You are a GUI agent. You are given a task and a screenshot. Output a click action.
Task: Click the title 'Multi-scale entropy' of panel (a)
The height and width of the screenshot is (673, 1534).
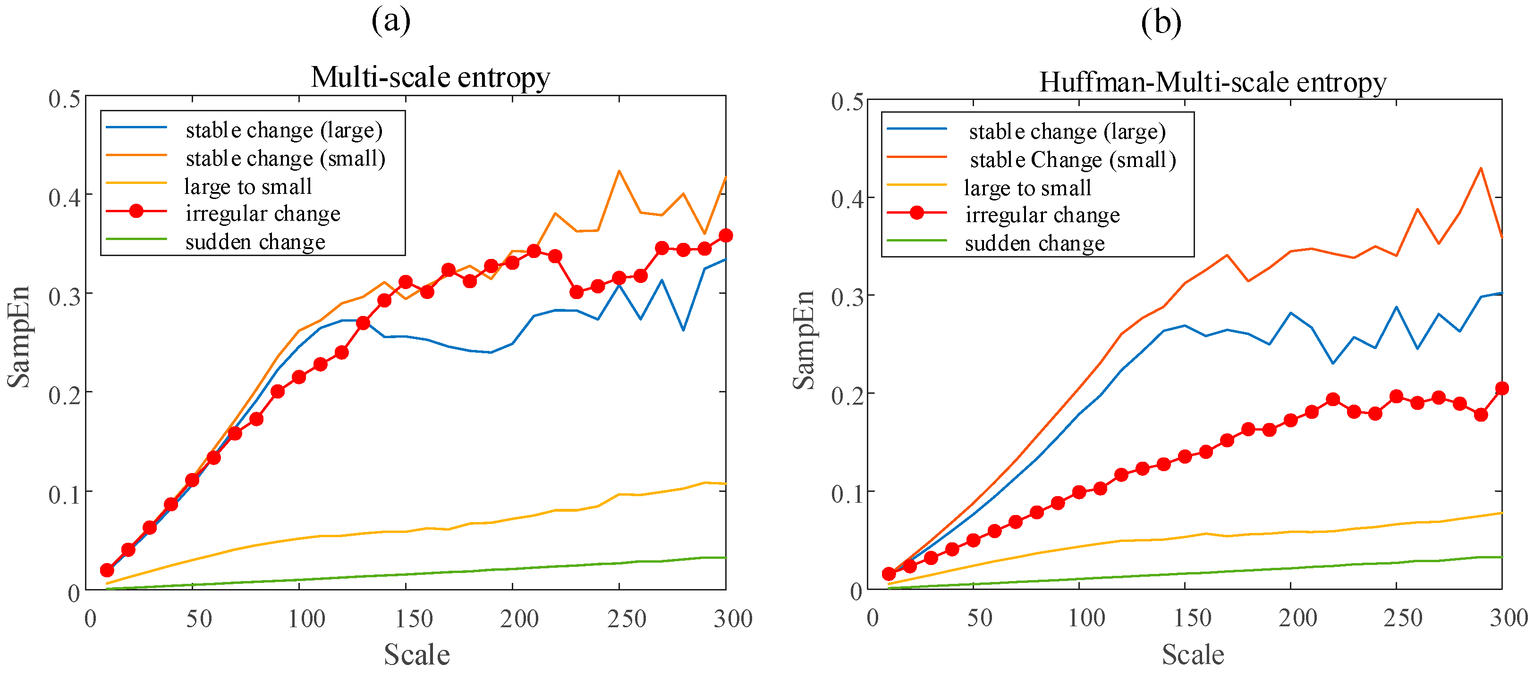[x=430, y=77]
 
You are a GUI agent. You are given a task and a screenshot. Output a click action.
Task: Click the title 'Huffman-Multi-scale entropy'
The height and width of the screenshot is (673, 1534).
[x=1212, y=82]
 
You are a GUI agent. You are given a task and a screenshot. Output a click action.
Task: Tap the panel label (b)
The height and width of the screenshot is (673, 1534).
[x=1161, y=23]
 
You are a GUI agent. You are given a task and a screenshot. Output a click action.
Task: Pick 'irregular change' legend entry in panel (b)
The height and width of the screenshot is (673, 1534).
[x=1042, y=215]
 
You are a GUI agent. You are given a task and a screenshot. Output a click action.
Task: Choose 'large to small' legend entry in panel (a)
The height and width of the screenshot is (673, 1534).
[x=248, y=187]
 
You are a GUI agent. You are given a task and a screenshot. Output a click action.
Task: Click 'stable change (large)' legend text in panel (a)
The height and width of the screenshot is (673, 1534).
[x=283, y=130]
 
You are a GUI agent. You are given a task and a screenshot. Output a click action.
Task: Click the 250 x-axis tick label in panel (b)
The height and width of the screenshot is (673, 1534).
[x=1402, y=618]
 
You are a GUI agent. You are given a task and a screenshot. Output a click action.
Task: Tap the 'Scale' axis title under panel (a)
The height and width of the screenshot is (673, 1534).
[x=416, y=655]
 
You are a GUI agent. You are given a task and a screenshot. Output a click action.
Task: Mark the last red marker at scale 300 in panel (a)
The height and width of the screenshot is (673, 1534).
[x=725, y=236]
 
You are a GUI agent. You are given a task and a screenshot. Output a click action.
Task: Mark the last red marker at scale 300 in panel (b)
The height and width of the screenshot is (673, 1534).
[x=1502, y=389]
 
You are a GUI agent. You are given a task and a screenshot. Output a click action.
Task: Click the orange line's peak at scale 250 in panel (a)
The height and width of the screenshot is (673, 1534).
[x=619, y=171]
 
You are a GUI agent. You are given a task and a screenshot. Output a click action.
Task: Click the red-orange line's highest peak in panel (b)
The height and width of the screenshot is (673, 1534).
[x=1480, y=168]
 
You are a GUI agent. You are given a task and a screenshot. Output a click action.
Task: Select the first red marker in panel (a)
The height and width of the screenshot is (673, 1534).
[x=107, y=570]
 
